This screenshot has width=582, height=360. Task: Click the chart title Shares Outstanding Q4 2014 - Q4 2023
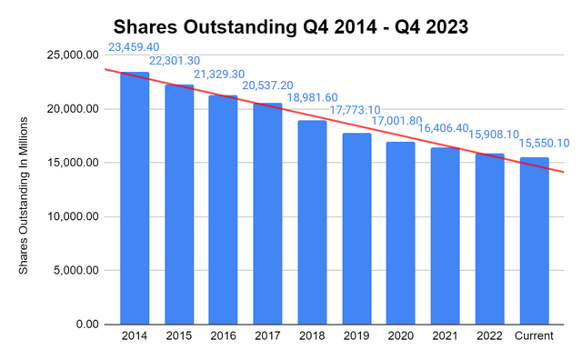pos(291,26)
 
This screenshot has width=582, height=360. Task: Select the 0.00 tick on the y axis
pos(86,325)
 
